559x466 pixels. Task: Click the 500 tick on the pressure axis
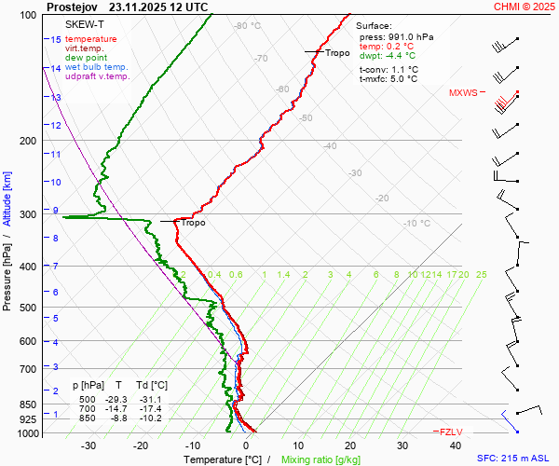click(x=29, y=308)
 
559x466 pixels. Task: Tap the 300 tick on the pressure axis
click(x=29, y=214)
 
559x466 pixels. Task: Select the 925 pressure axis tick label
click(x=29, y=420)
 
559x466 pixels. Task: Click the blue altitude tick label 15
click(x=56, y=40)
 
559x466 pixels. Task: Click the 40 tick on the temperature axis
click(x=455, y=445)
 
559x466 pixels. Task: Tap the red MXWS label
click(x=462, y=93)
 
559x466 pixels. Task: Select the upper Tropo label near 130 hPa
click(x=337, y=53)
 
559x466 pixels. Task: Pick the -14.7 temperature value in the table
click(x=117, y=408)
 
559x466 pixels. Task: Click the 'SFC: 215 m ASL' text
click(x=516, y=459)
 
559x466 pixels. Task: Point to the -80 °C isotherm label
click(x=248, y=26)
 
